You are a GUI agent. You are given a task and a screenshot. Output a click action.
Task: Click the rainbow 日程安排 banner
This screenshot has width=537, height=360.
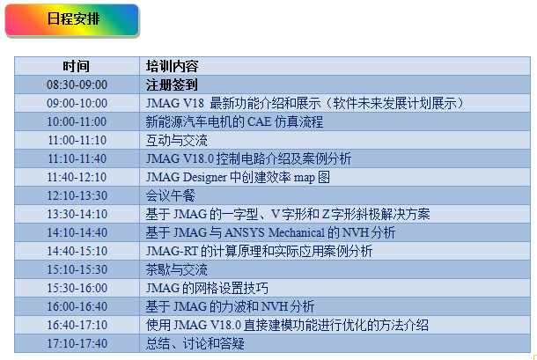(71, 19)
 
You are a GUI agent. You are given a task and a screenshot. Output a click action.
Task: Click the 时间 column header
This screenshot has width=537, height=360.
(76, 66)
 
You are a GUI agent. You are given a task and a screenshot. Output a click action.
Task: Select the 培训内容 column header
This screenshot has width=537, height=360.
(172, 66)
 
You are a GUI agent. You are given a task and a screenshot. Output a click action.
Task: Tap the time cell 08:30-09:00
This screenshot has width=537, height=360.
(77, 84)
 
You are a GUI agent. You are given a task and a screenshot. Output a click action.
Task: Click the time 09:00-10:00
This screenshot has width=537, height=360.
(77, 103)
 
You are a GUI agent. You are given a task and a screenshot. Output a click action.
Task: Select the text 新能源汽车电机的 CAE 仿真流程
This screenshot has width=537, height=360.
(234, 121)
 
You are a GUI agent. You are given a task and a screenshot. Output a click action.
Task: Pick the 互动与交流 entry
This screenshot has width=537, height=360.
(176, 140)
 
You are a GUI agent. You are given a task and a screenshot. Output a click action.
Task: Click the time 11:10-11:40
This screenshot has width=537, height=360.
(77, 158)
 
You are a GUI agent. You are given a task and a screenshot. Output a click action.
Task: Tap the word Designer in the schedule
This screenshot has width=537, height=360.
(204, 178)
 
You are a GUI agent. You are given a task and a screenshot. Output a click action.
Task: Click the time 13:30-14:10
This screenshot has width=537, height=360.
(77, 214)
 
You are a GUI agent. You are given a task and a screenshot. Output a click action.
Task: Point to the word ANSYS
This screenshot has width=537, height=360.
(245, 233)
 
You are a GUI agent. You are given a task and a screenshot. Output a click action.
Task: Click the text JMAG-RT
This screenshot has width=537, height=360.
(172, 251)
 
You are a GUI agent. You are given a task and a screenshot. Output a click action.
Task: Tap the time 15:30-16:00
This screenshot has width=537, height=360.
(77, 288)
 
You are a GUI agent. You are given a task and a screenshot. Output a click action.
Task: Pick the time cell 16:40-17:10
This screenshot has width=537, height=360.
(77, 325)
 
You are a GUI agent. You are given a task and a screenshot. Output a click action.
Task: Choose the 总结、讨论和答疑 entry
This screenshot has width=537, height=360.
(195, 343)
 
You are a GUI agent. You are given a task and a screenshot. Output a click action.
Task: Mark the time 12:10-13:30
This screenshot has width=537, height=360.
(77, 195)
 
